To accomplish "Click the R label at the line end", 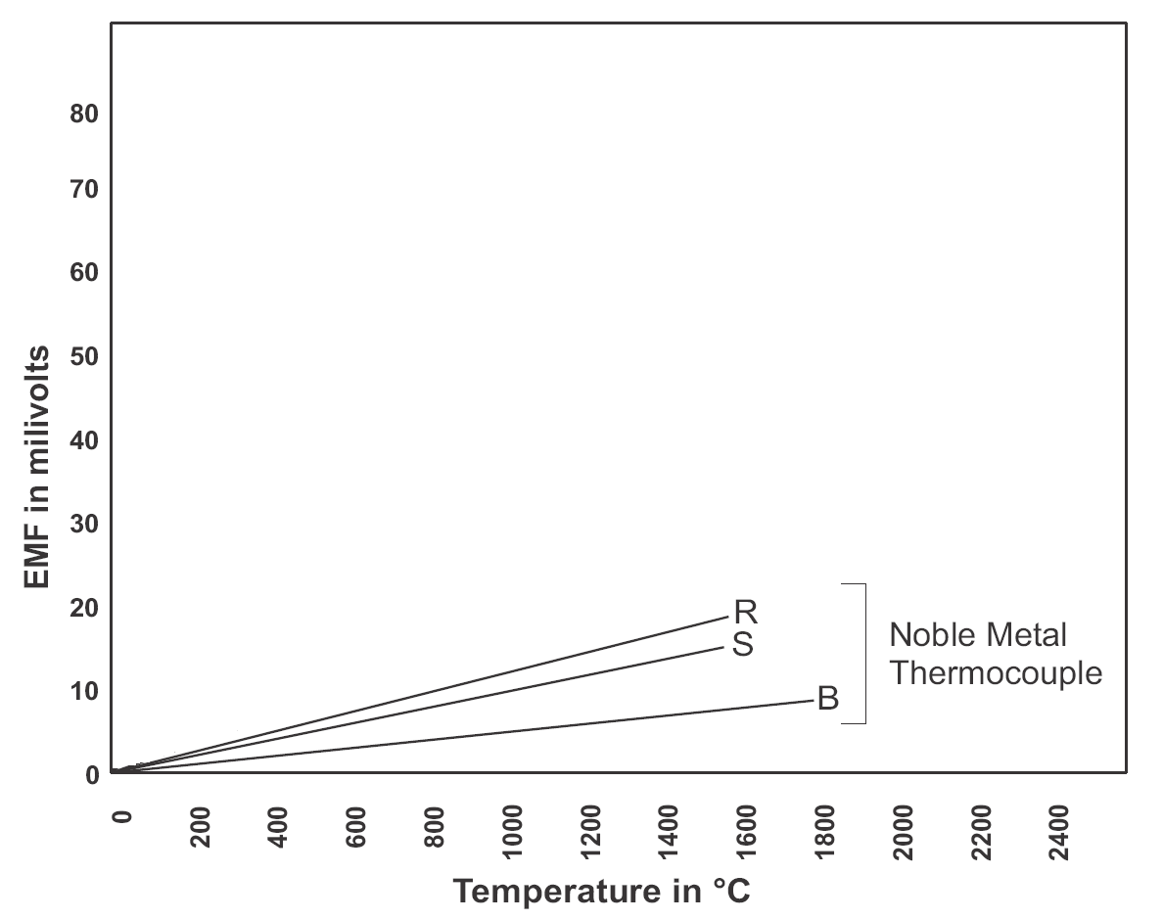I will coord(746,613).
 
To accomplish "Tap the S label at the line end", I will coord(743,647).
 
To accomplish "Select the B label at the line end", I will coord(828,701).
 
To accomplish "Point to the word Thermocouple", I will coord(996,673).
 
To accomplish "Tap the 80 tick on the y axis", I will coord(85,114).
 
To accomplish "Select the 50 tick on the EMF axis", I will coord(85,356).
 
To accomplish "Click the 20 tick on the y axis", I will coord(85,608).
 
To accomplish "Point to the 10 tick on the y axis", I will coord(85,691).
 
